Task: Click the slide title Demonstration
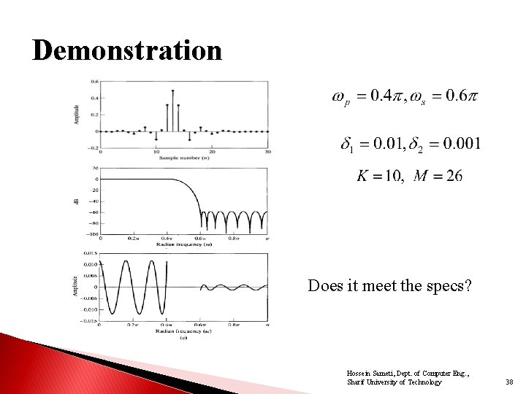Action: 127,51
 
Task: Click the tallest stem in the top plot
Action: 172,109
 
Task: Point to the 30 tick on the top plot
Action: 267,152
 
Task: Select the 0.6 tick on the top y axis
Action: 94,82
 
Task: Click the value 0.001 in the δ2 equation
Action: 460,143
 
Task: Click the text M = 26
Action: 438,176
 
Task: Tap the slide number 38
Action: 508,382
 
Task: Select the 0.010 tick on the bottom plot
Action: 91,265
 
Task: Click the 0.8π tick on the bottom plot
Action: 234,325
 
